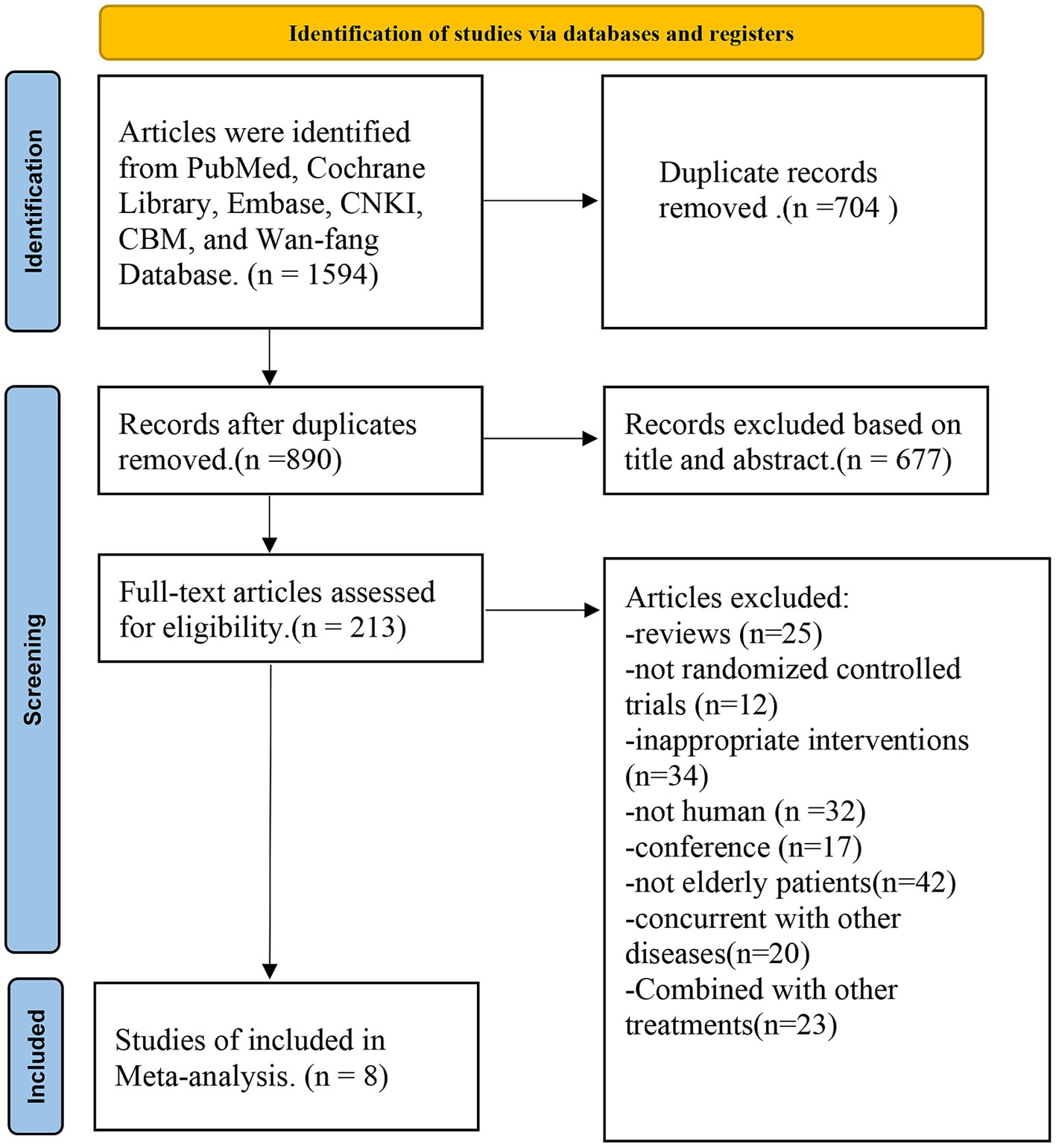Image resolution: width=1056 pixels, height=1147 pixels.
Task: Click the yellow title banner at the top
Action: coord(541,33)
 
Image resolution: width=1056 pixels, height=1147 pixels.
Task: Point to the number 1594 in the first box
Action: coord(338,275)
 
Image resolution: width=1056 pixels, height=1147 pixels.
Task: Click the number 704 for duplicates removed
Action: coord(857,208)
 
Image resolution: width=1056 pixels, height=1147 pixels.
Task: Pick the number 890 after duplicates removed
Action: coord(309,460)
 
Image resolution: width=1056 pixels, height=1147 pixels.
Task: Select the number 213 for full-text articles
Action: coord(373,627)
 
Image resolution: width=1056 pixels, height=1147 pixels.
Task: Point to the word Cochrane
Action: coord(366,168)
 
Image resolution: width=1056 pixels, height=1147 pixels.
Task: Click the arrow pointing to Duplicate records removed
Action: coord(540,200)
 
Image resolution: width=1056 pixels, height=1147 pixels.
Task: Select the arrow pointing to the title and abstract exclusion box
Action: coord(540,439)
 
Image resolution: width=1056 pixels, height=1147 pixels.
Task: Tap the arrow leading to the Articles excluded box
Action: coord(543,611)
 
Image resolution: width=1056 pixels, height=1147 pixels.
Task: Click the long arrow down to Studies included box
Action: coord(271,822)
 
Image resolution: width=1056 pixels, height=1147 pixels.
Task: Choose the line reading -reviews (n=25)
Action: coord(724,634)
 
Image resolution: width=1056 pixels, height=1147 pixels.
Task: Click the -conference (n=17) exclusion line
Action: coord(744,848)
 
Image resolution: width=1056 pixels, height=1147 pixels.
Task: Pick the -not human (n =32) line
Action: coord(745,812)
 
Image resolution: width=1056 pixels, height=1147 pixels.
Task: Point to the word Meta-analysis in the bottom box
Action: coord(205,1076)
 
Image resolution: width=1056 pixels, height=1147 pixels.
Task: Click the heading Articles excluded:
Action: coord(737,598)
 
